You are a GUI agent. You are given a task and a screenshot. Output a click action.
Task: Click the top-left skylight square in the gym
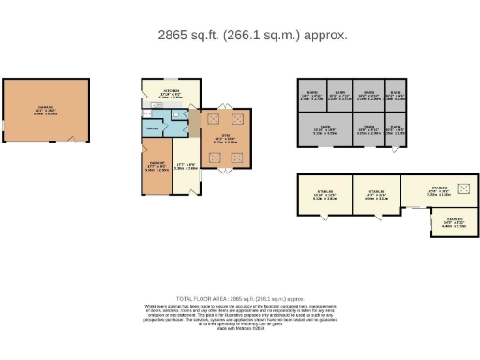[211, 119]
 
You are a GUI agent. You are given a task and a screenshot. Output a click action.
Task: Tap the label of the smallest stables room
[446, 223]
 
